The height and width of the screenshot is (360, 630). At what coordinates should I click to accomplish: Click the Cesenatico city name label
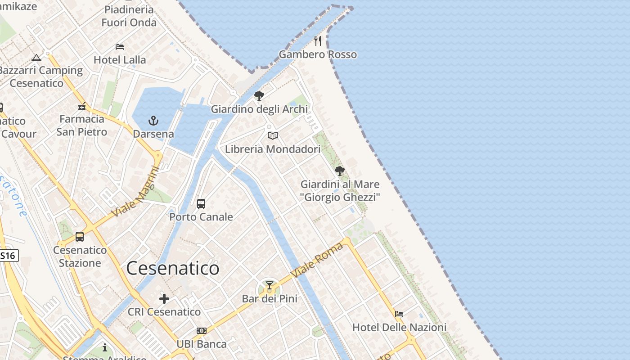pos(173,269)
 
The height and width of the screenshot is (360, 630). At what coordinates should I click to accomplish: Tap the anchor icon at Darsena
pos(153,121)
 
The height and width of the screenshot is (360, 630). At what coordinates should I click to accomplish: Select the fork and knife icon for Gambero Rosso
pos(318,41)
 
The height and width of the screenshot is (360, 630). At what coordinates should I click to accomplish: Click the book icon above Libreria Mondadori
pos(273,135)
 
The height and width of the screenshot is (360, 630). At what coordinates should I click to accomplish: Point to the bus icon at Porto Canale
pos(201,203)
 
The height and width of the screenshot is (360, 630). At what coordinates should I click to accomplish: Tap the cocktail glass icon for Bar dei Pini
pos(270,285)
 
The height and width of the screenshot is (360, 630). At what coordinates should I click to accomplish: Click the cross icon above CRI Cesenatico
pos(164,298)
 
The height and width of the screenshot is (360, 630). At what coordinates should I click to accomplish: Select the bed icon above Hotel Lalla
pos(120,46)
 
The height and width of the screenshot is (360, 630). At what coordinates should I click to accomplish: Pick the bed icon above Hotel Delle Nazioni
pos(399,314)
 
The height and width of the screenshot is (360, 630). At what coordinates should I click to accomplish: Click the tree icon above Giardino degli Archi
pos(259,95)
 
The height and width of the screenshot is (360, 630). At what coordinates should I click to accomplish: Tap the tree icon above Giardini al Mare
pos(340,171)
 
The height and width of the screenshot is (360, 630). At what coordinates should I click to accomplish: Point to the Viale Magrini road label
pos(135,191)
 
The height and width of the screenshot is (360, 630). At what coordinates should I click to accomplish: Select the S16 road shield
pos(8,256)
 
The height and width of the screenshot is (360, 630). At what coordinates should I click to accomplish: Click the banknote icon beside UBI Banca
pos(202,331)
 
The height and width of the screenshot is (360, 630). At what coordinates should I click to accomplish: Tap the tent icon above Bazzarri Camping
pos(36,58)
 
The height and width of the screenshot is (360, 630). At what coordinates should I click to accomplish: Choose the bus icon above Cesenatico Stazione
pos(80,236)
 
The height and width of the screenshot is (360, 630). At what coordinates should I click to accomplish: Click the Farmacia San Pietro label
pos(82,125)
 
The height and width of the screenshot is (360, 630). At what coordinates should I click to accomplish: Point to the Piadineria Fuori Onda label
pos(129,16)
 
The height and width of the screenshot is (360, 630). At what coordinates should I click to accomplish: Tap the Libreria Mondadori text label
pos(273,149)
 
